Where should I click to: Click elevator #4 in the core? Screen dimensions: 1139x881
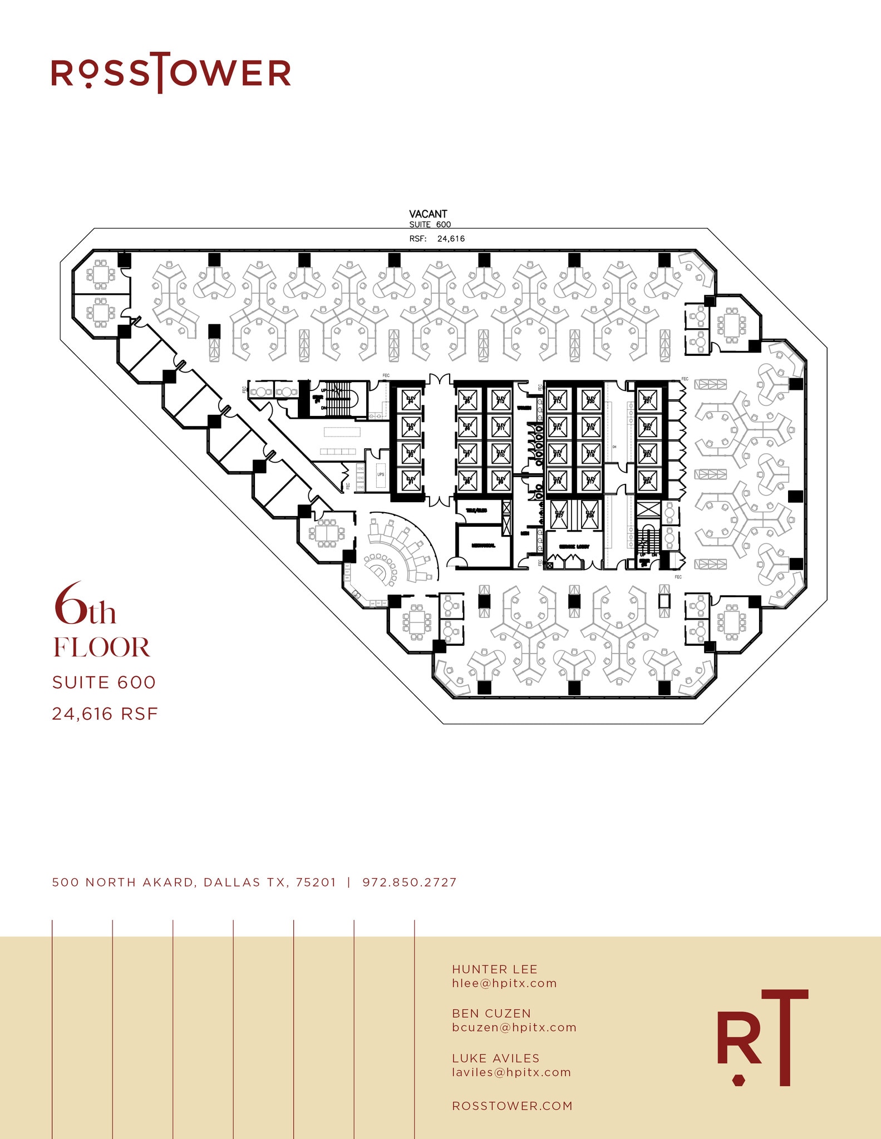(411, 400)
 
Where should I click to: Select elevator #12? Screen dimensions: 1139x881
(501, 400)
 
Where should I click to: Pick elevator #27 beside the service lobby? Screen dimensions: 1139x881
(559, 514)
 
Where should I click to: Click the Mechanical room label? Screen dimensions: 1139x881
(483, 546)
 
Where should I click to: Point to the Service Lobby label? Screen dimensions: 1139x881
(574, 547)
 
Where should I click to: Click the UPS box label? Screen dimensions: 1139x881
(381, 474)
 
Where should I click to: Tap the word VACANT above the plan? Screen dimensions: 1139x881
(428, 214)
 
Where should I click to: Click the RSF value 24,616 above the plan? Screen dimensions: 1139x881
(451, 239)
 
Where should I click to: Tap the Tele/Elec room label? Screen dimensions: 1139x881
(476, 511)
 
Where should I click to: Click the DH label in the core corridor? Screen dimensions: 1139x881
(614, 447)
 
